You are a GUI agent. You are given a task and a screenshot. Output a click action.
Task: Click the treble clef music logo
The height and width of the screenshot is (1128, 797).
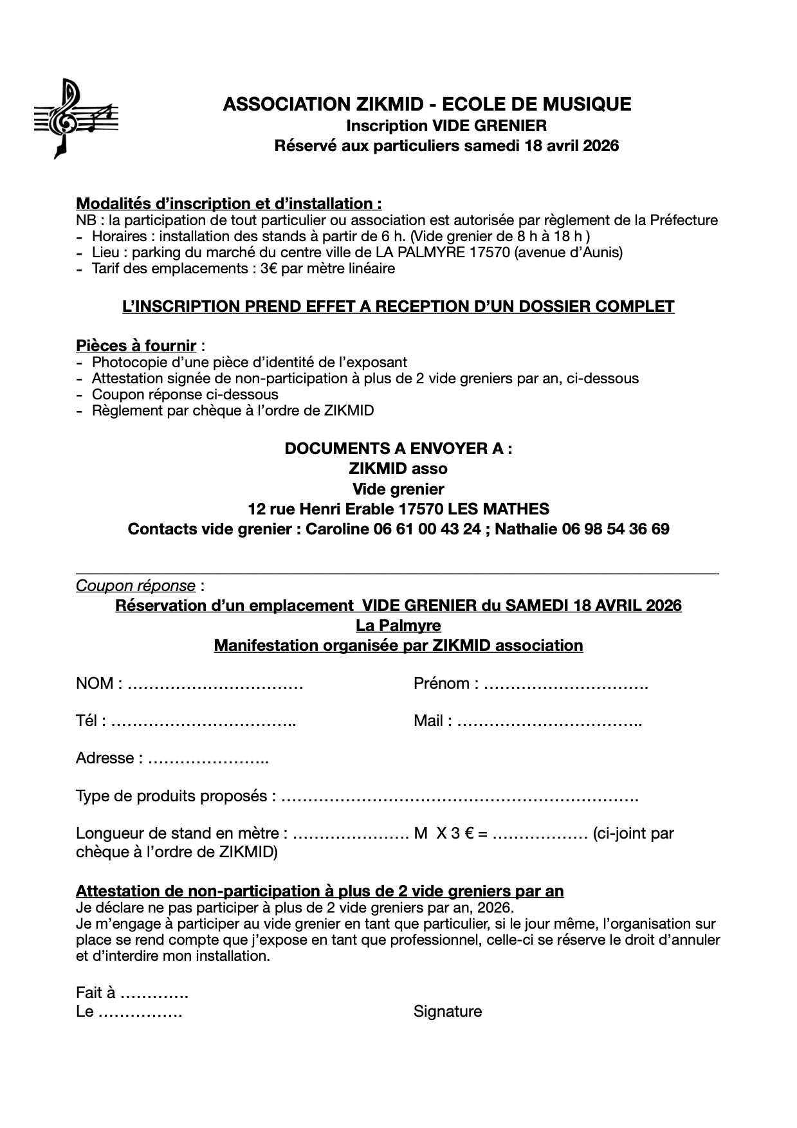75,118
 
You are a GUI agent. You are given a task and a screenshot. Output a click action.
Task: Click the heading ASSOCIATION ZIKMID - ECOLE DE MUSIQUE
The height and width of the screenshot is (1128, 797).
426,104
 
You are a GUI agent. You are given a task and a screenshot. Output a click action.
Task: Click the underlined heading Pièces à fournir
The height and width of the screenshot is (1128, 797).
136,346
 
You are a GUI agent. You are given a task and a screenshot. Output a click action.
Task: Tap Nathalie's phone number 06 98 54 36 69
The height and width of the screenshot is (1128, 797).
615,529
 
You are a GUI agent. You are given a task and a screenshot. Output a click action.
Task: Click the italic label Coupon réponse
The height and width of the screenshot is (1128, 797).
135,586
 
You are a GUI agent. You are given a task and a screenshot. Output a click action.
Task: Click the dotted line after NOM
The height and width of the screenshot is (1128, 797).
215,684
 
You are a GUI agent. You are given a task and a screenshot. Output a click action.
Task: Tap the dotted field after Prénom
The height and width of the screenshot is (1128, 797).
565,684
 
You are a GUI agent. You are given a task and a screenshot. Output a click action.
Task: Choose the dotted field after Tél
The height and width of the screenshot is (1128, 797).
203,722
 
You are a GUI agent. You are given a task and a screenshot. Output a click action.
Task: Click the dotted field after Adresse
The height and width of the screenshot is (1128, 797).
208,759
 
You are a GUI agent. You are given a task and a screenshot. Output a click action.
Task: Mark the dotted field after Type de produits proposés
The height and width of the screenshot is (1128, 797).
460,797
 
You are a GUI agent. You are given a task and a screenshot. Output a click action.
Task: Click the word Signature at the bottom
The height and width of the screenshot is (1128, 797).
447,1012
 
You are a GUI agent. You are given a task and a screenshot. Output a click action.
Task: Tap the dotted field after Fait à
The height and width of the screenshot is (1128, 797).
154,994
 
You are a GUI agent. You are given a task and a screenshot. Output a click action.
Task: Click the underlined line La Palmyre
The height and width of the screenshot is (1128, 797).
398,625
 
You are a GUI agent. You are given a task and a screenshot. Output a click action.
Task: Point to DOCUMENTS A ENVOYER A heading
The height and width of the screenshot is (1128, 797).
398,449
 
